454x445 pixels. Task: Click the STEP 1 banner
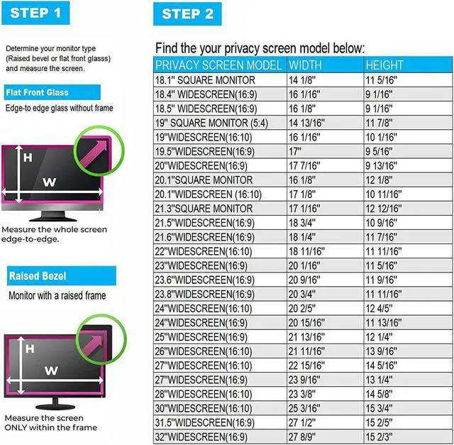pyautogui.click(x=40, y=13)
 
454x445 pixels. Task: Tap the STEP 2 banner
pyautogui.click(x=187, y=14)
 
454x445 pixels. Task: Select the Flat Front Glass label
pyautogui.click(x=37, y=93)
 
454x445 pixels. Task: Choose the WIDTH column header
pyautogui.click(x=305, y=65)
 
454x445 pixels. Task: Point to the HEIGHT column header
pyautogui.click(x=385, y=65)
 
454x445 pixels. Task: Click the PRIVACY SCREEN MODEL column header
pyautogui.click(x=218, y=65)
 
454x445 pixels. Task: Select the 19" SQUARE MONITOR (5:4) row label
pyautogui.click(x=211, y=123)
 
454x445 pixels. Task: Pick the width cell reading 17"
pyautogui.click(x=295, y=152)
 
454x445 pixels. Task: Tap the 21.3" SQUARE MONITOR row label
pyautogui.click(x=204, y=209)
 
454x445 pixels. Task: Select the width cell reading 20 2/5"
pyautogui.click(x=303, y=308)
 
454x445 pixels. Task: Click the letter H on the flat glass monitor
pyautogui.click(x=28, y=158)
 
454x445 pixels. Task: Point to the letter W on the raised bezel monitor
pyautogui.click(x=50, y=370)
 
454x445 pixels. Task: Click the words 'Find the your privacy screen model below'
pyautogui.click(x=260, y=49)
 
